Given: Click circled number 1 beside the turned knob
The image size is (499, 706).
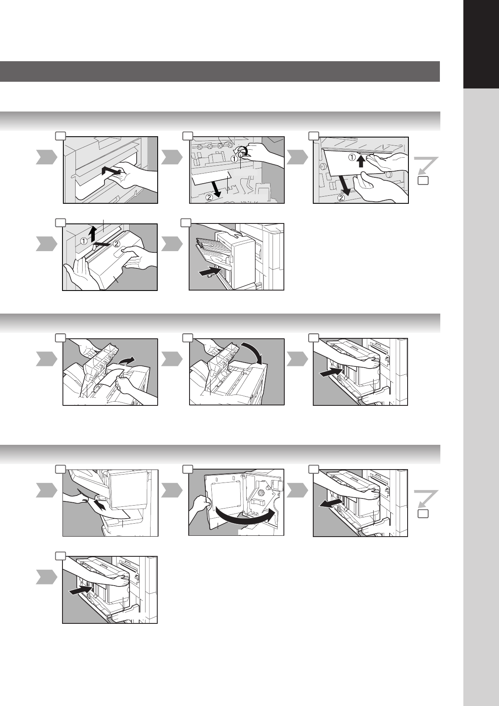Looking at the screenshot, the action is tap(234, 159).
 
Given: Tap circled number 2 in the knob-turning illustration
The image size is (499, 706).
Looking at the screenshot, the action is tap(209, 198).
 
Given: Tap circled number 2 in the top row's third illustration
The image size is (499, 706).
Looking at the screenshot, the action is tap(341, 198).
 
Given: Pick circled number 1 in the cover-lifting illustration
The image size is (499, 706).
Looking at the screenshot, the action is tap(83, 241).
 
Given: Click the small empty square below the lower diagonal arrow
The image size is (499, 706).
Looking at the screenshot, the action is tap(423, 514).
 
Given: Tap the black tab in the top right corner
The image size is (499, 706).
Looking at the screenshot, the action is tap(481, 44).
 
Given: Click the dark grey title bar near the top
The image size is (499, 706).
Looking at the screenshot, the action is tap(220, 72).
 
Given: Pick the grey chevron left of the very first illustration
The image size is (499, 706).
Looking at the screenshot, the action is tap(47, 157).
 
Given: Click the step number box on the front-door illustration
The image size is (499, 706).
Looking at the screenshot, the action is tap(188, 469).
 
